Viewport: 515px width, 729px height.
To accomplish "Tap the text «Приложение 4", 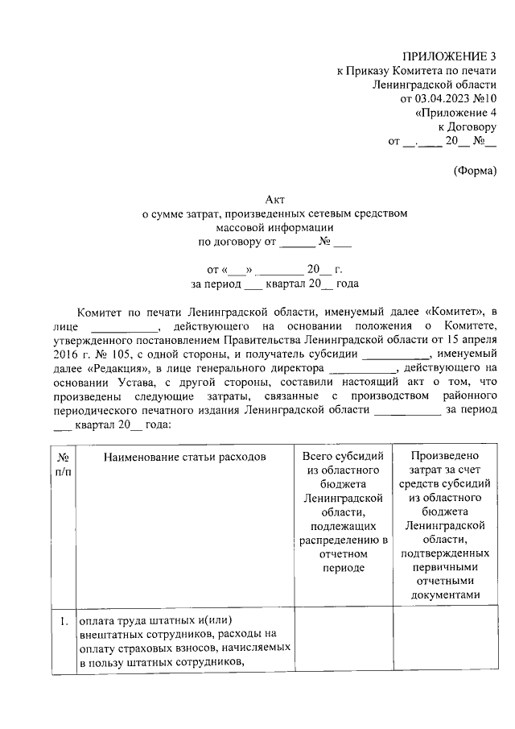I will [x=455, y=113].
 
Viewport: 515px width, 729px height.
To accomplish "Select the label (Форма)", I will [x=475, y=170].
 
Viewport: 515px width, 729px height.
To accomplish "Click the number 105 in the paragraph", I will [x=116, y=354].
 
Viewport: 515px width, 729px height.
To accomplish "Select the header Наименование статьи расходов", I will [x=184, y=457].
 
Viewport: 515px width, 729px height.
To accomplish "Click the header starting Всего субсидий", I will [x=343, y=512].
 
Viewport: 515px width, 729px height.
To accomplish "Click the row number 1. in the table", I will [x=63, y=622].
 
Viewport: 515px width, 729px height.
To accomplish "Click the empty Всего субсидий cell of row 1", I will [x=343, y=642].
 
